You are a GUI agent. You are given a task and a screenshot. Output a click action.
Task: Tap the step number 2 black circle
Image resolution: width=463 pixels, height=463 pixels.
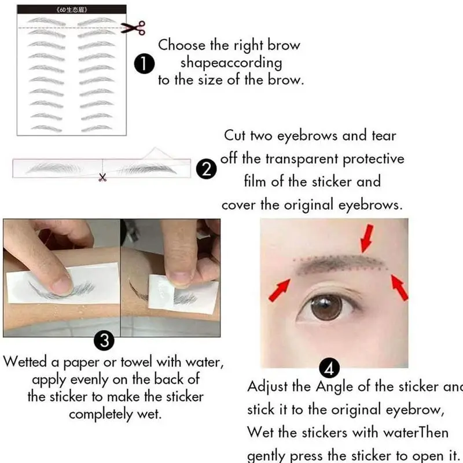(x=207, y=170)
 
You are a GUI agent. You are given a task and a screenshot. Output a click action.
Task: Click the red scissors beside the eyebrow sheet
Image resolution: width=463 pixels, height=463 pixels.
(x=134, y=27)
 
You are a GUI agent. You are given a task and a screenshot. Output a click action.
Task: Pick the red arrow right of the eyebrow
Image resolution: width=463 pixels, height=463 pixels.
(x=399, y=288)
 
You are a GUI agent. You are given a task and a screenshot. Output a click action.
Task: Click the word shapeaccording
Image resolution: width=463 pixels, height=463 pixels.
(x=231, y=63)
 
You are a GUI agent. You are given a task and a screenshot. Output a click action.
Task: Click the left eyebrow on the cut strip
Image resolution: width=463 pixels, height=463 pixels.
(x=58, y=168)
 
